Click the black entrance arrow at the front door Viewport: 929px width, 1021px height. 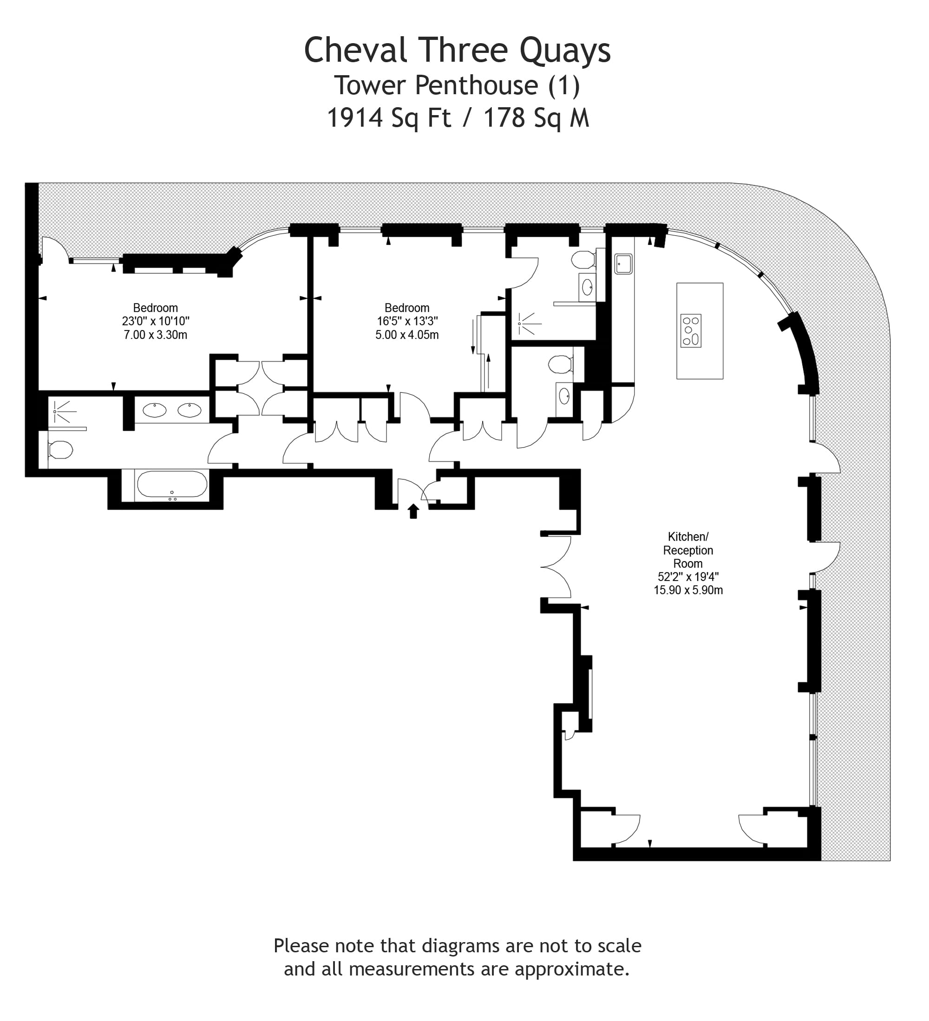pyautogui.click(x=413, y=511)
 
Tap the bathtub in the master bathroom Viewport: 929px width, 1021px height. pyautogui.click(x=172, y=485)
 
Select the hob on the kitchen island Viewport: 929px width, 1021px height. pyautogui.click(x=690, y=331)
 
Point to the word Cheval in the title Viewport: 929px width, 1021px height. pyautogui.click(x=355, y=50)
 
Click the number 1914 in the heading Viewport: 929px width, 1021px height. pyautogui.click(x=355, y=117)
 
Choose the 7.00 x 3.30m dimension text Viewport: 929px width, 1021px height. pyautogui.click(x=155, y=335)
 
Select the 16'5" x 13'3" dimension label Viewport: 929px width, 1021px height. pyautogui.click(x=407, y=321)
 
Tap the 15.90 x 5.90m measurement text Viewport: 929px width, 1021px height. pyautogui.click(x=688, y=590)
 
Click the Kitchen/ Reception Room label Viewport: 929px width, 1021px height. pyautogui.click(x=688, y=550)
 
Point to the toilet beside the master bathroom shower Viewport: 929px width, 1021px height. pyautogui.click(x=60, y=449)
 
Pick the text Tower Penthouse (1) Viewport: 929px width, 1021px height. pyautogui.click(x=457, y=85)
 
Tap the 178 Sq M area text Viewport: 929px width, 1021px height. pyautogui.click(x=536, y=117)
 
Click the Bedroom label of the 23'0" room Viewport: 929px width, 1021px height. pyautogui.click(x=155, y=308)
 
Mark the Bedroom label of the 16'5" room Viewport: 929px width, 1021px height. pyautogui.click(x=407, y=308)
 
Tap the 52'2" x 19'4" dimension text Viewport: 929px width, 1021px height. pyautogui.click(x=688, y=576)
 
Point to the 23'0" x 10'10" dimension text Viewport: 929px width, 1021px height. pyautogui.click(x=155, y=321)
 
